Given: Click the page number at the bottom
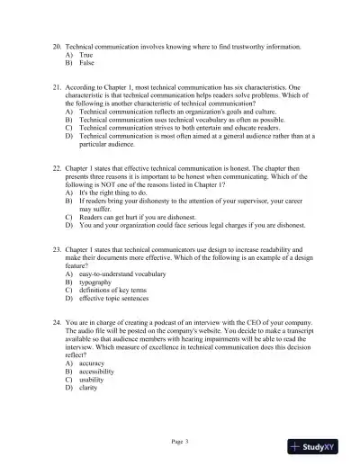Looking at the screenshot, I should [179, 442].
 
